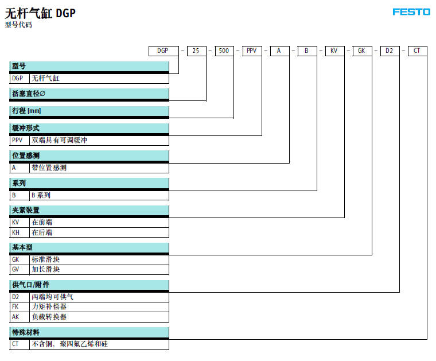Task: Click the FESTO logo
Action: tap(411, 12)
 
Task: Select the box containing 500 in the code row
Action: tap(224, 51)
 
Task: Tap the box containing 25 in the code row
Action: tap(197, 51)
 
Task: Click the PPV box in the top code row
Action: tap(252, 51)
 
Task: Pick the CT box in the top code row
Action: tap(418, 51)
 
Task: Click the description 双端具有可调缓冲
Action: tap(59, 140)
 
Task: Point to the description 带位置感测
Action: tap(49, 168)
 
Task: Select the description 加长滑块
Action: tap(45, 269)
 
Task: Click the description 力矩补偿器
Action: tap(49, 306)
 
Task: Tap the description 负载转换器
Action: tap(49, 317)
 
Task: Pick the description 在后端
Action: tap(42, 232)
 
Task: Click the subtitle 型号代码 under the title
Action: tap(18, 25)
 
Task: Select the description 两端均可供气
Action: tap(53, 297)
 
